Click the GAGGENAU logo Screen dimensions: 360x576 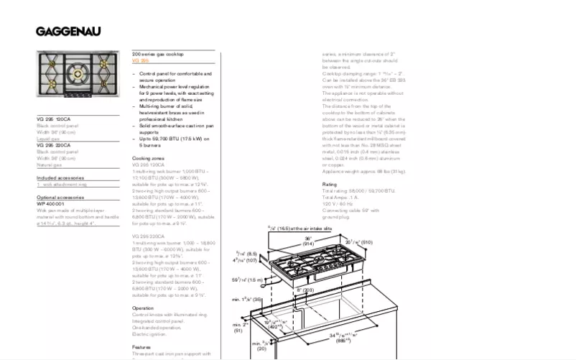pyautogui.click(x=69, y=32)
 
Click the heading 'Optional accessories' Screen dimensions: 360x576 pyautogui.click(x=60, y=197)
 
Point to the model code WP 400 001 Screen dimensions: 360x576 pyautogui.click(x=50, y=203)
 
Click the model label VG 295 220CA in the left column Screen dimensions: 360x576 pyautogui.click(x=54, y=145)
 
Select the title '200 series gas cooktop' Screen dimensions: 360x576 pyautogui.click(x=158, y=55)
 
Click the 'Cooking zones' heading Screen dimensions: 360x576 pyautogui.click(x=148, y=158)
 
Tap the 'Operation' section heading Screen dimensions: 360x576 pyautogui.click(x=143, y=308)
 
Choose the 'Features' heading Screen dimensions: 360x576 pyautogui.click(x=141, y=347)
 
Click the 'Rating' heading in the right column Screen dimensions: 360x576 pyautogui.click(x=330, y=185)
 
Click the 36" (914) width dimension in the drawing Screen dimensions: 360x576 pyautogui.click(x=307, y=241)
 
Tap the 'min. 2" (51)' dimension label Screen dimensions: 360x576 pyautogui.click(x=240, y=328)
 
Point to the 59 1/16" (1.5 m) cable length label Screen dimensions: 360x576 pyautogui.click(x=246, y=279)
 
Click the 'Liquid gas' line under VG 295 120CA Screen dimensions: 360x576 pyautogui.click(x=49, y=139)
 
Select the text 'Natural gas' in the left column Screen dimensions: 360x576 pyautogui.click(x=50, y=165)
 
